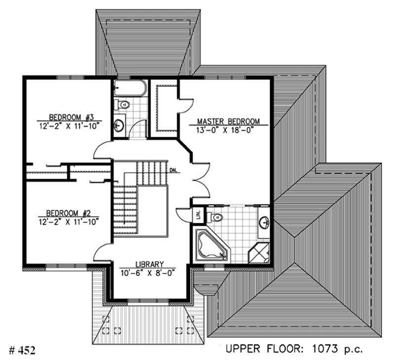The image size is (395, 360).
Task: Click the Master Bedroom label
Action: [x=228, y=121]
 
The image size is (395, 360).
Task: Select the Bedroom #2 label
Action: [x=68, y=213]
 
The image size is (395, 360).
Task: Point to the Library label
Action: [x=149, y=264]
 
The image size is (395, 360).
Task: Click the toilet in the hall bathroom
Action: [x=121, y=105]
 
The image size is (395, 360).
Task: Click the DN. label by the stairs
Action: [x=173, y=171]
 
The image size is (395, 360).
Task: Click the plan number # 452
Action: [x=23, y=350]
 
